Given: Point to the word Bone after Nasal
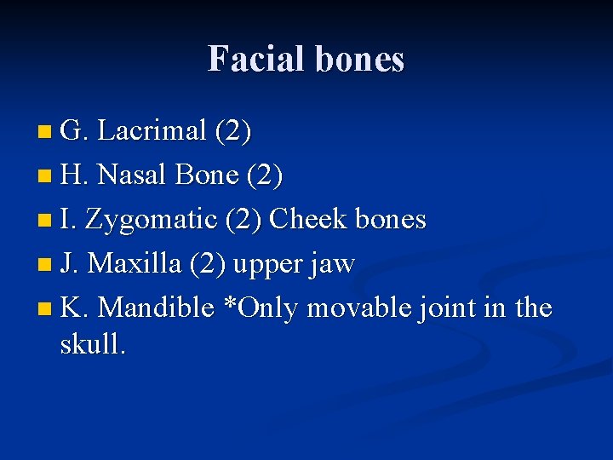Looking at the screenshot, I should pyautogui.click(x=206, y=175).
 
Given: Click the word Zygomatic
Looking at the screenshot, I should pyautogui.click(x=153, y=220).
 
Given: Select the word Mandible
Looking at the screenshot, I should pyautogui.click(x=157, y=308).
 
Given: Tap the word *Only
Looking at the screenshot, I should pyautogui.click(x=260, y=308).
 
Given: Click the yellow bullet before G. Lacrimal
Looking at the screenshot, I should pyautogui.click(x=45, y=132).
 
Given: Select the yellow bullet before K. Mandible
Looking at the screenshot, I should pyautogui.click(x=45, y=308).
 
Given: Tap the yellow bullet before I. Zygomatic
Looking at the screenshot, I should pyautogui.click(x=45, y=221).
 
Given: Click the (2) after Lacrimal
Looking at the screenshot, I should pyautogui.click(x=232, y=131).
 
